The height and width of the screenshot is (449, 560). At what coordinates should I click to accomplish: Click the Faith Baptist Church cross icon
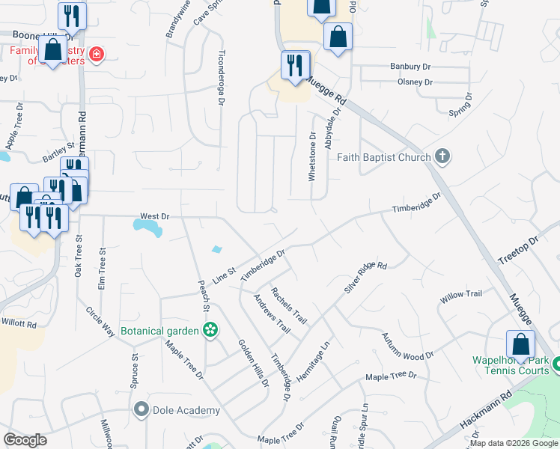442,157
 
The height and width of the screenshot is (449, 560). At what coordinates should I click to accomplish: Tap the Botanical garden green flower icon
211,330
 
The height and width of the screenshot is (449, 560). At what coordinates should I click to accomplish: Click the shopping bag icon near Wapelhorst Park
520,345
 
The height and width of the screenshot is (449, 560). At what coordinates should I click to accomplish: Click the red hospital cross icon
95,54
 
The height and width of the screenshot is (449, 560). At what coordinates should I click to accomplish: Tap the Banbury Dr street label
411,67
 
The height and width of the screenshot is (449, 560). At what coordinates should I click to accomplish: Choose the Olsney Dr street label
416,82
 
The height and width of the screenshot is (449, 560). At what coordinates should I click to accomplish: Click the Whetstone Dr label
313,156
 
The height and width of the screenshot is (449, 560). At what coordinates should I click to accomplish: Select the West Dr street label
155,216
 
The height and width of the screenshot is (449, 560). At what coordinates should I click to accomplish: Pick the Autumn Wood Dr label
407,346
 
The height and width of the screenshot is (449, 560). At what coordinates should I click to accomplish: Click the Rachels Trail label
289,305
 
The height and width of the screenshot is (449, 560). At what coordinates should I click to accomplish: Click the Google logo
25,440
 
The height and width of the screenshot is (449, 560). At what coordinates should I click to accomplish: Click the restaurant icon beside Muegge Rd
293,65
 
